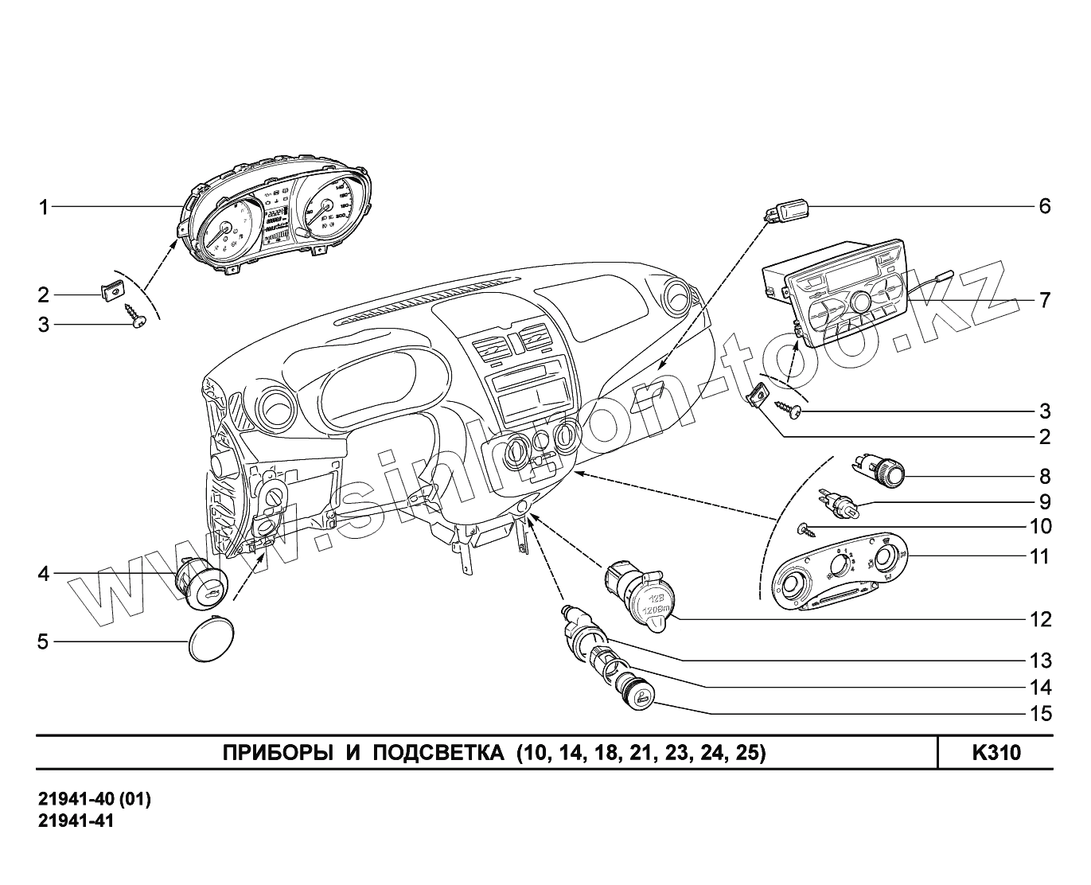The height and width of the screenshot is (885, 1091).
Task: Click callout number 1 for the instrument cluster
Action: click(45, 209)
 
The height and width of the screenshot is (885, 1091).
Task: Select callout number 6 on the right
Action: click(1044, 206)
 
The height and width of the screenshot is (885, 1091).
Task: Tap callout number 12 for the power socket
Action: click(1040, 619)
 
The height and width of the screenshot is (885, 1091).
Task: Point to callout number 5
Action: click(44, 641)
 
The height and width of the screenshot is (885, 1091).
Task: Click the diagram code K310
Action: click(996, 753)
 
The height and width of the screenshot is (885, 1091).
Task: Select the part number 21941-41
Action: click(76, 821)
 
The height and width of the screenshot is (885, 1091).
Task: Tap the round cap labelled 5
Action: click(210, 639)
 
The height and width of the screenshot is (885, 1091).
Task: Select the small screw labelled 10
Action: click(806, 528)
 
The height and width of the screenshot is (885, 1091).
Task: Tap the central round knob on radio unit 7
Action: click(861, 302)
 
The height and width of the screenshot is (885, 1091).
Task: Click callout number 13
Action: click(1040, 661)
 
